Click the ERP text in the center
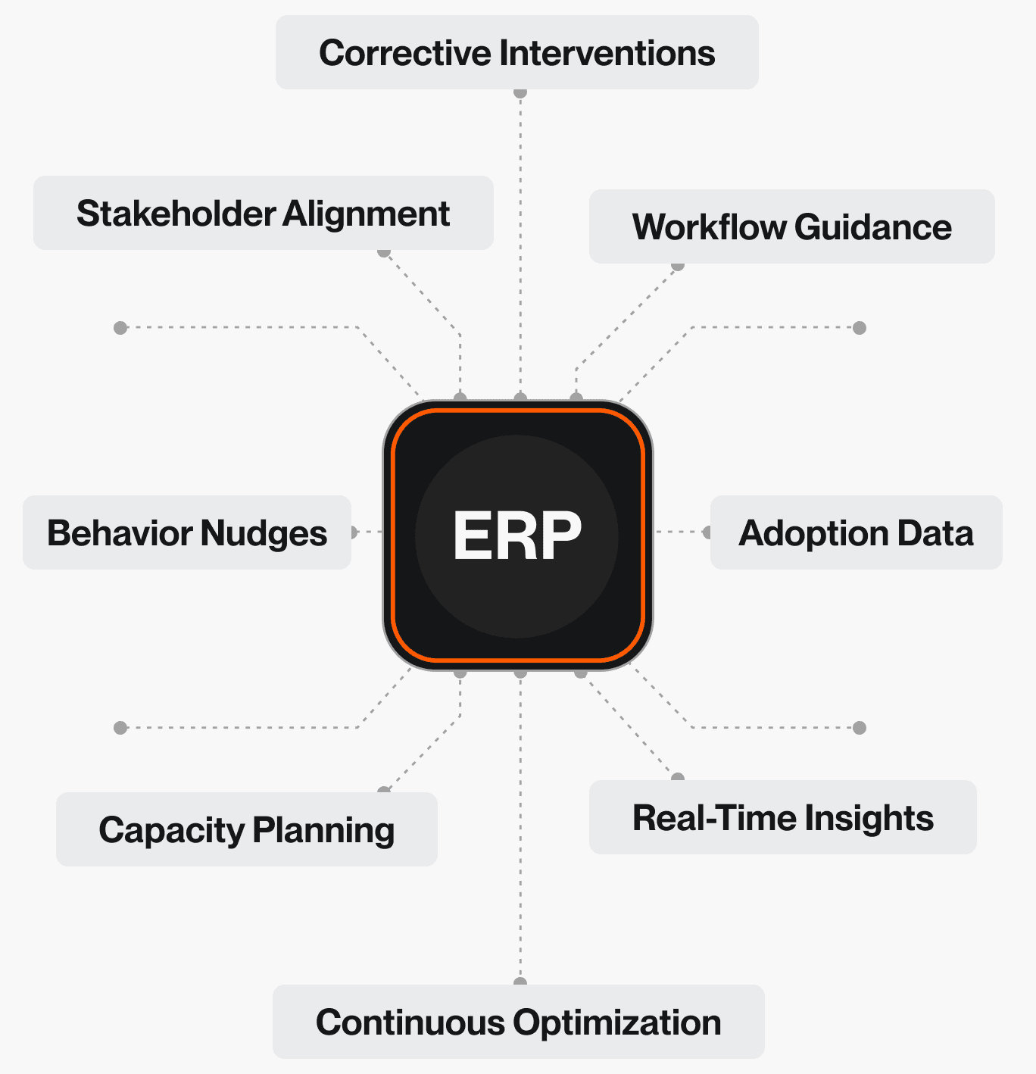517,535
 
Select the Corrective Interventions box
517,52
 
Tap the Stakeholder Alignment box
263,213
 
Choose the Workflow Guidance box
791,226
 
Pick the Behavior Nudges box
186,532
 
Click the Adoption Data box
856,532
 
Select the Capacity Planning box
246,829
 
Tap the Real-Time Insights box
782,817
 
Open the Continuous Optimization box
518,1022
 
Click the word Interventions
607,53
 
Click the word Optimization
617,1022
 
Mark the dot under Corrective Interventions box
520,92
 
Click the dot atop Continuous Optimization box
520,982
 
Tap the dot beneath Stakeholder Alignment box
384,252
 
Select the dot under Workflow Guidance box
678,266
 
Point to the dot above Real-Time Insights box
678,778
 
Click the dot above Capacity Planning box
384,791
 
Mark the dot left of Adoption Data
707,532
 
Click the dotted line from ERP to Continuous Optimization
520,833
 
